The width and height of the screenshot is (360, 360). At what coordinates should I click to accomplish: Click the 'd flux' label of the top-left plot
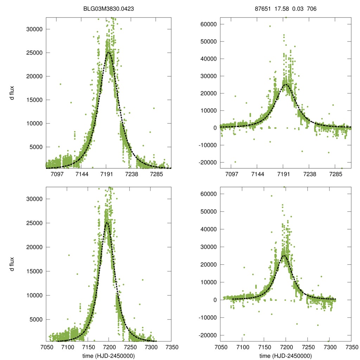(x=12, y=93)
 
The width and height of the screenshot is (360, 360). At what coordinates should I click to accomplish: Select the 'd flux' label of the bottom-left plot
(x=12, y=264)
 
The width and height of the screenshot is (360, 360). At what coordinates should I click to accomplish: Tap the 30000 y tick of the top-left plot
(x=35, y=29)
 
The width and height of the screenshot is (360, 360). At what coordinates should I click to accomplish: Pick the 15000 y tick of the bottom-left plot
(x=35, y=271)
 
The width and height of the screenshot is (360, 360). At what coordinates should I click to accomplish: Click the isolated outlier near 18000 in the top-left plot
(x=60, y=84)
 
